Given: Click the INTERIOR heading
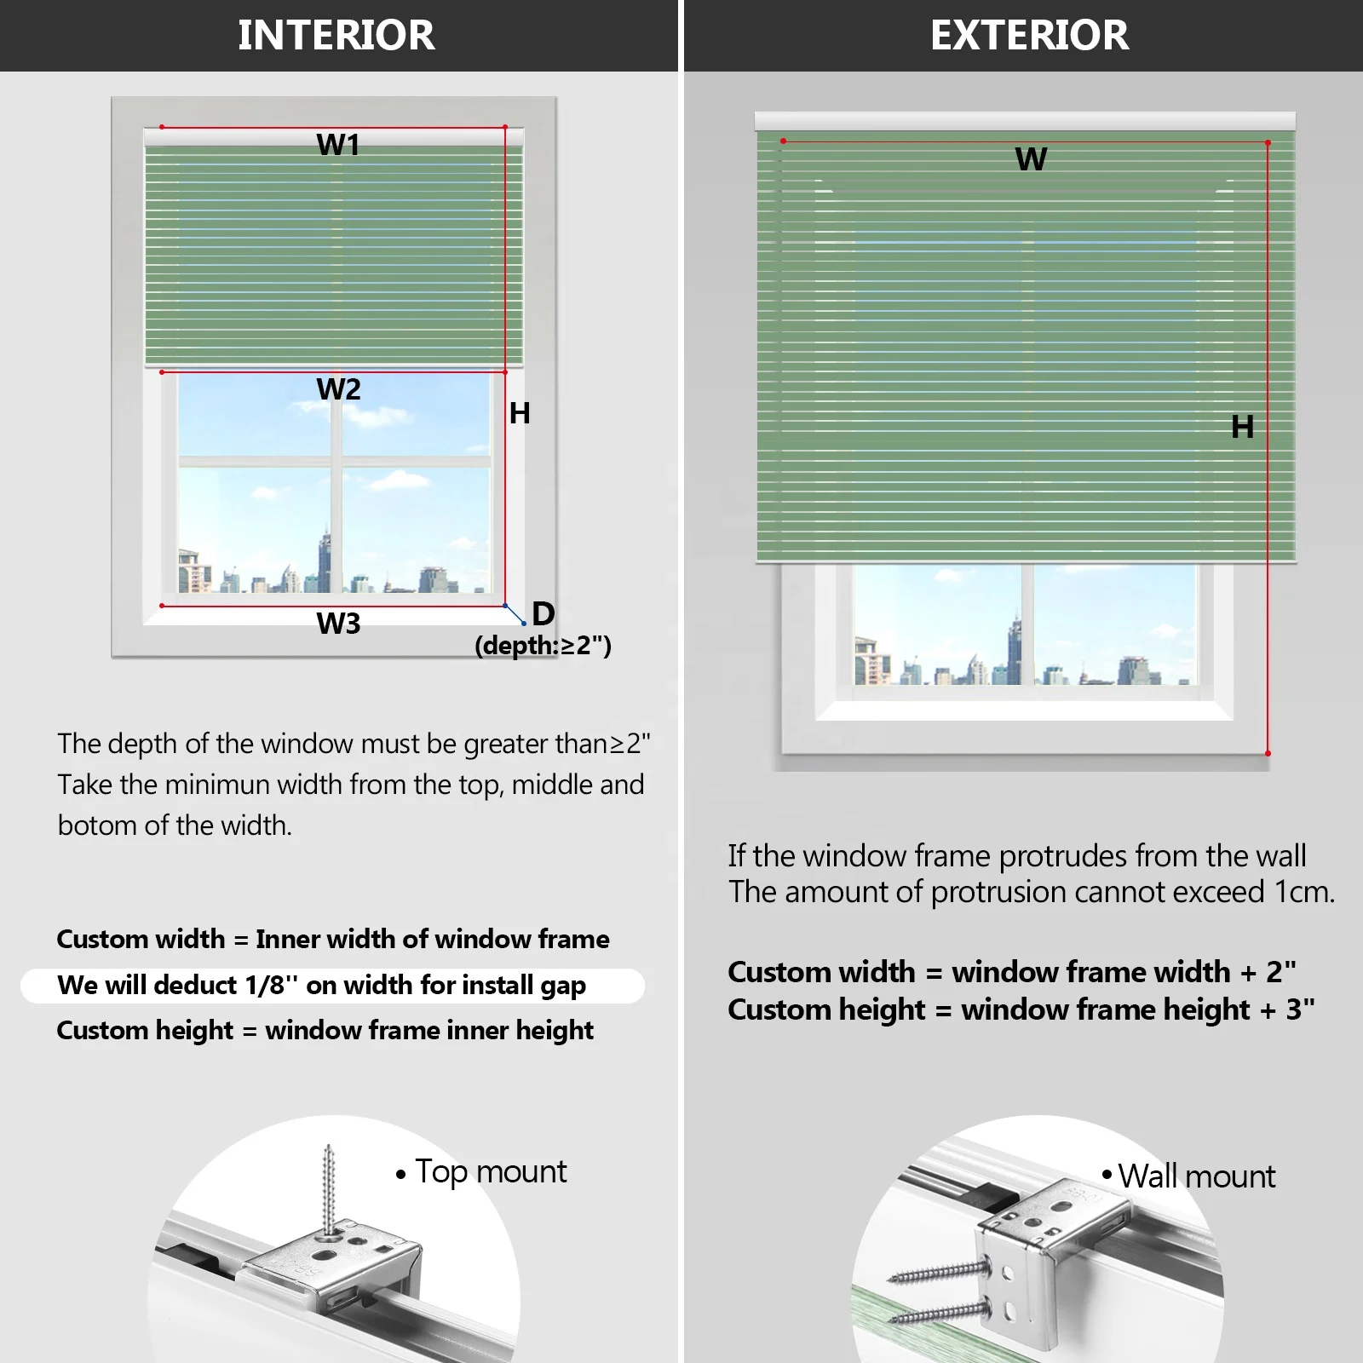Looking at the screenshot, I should point(336,35).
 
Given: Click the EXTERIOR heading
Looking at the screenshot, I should point(1029,35).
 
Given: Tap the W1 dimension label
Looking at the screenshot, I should point(338,145).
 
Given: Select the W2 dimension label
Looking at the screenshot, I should point(338,389).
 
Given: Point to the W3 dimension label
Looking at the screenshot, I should point(338,624).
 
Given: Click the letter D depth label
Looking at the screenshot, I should point(543,614).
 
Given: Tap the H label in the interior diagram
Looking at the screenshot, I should point(520,413).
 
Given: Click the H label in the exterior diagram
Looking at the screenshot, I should point(1242,427).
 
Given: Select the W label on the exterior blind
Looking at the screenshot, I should point(1031,159).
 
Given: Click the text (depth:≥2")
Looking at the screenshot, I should point(543,645).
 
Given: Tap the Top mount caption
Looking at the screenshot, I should point(490,1172).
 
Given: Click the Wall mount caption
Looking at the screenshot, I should point(1196,1176).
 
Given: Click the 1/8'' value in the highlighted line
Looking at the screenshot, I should point(272,986).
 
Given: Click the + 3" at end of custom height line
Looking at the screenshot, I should point(1287,1009).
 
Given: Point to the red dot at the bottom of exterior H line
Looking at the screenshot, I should point(1268,753).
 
